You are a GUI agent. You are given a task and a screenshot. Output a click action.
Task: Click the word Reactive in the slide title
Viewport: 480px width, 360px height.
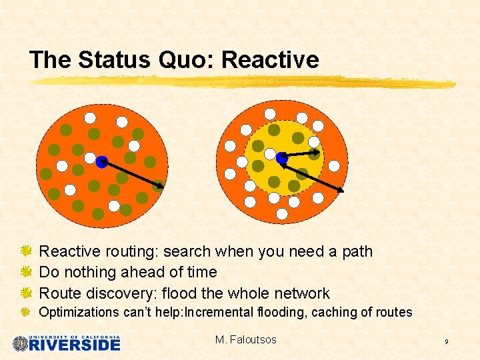pyautogui.click(x=270, y=60)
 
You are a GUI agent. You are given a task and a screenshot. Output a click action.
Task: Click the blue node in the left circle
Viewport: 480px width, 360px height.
pyautogui.click(x=101, y=161)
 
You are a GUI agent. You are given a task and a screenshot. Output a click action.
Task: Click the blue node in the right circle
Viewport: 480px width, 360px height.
pyautogui.click(x=282, y=158)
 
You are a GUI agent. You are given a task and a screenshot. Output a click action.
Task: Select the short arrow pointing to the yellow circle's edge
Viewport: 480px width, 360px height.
pyautogui.click(x=301, y=155)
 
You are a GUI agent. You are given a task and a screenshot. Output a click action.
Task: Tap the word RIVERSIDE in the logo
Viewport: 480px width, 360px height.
pyautogui.click(x=75, y=345)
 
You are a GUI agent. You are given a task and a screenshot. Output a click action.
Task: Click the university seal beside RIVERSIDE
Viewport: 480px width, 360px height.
pyautogui.click(x=21, y=343)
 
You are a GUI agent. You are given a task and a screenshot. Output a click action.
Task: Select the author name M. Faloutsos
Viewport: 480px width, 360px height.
pyautogui.click(x=245, y=340)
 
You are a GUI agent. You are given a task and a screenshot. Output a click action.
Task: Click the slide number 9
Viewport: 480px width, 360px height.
pyautogui.click(x=447, y=342)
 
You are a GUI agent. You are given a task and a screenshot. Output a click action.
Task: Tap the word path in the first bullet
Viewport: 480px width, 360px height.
pyautogui.click(x=357, y=251)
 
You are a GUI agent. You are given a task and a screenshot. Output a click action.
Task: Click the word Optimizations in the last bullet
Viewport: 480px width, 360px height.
pyautogui.click(x=79, y=312)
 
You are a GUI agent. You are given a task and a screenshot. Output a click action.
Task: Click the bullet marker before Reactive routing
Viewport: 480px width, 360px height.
pyautogui.click(x=25, y=251)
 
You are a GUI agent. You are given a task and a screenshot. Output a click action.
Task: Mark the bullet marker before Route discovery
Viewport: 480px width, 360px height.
pyautogui.click(x=25, y=293)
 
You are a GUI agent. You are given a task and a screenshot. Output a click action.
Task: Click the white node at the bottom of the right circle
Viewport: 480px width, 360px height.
pyautogui.click(x=282, y=214)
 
